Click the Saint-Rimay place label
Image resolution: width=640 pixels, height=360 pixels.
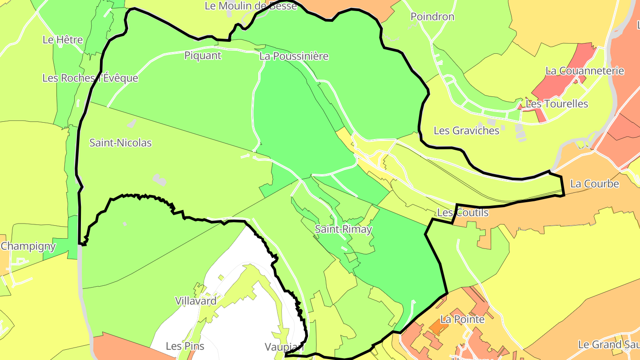click(343, 229)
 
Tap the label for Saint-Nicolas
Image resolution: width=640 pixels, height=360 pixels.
click(120, 143)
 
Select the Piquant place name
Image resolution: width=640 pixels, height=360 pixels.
click(203, 56)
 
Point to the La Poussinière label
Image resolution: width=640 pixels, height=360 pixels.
click(294, 56)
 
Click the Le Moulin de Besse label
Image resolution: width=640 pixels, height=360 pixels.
click(251, 6)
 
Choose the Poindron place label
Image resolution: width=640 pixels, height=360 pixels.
click(432, 17)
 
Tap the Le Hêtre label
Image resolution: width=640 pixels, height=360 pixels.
click(63, 40)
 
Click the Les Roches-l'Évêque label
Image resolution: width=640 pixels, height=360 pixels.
click(90, 78)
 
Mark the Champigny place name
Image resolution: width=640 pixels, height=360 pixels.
click(28, 246)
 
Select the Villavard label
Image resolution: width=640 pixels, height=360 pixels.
click(196, 301)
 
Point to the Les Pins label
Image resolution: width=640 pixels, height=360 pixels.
click(185, 346)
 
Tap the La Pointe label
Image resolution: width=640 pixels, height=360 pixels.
click(462, 319)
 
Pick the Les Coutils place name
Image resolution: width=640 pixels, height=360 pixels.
click(463, 213)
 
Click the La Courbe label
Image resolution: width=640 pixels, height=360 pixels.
click(594, 184)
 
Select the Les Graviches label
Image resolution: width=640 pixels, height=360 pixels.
click(466, 131)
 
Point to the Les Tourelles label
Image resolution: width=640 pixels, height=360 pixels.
click(556, 104)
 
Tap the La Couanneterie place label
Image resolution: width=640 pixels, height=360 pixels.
click(585, 71)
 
